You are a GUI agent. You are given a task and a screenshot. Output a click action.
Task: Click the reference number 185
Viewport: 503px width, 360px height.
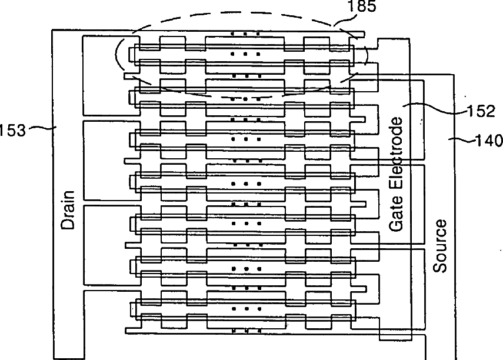[x=362, y=6]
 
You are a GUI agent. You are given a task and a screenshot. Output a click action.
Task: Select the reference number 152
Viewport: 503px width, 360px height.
[x=481, y=111]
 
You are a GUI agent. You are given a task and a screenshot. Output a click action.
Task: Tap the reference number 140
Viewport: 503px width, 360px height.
[x=489, y=141]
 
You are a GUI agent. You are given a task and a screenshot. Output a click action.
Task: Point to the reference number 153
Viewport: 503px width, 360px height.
[x=12, y=130]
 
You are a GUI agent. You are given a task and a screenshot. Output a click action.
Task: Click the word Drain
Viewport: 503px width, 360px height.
[x=68, y=210]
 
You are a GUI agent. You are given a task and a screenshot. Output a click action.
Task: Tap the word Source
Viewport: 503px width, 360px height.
[x=439, y=246]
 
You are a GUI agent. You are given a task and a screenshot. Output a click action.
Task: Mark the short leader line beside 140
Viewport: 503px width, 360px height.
[x=462, y=139]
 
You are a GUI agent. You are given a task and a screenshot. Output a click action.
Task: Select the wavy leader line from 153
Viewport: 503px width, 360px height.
[x=43, y=128]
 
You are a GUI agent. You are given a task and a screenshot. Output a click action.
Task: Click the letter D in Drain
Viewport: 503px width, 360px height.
[x=68, y=225]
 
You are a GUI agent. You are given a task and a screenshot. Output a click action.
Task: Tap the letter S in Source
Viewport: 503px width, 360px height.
[x=439, y=268]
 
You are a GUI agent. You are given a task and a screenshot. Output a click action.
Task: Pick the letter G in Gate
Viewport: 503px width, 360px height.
[x=396, y=226]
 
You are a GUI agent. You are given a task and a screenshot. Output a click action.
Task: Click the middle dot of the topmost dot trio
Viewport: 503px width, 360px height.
[x=245, y=34]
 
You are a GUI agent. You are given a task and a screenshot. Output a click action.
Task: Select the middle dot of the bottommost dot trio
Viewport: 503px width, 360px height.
[x=246, y=331]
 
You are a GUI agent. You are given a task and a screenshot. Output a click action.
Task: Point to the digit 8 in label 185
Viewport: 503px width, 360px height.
[x=362, y=6]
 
